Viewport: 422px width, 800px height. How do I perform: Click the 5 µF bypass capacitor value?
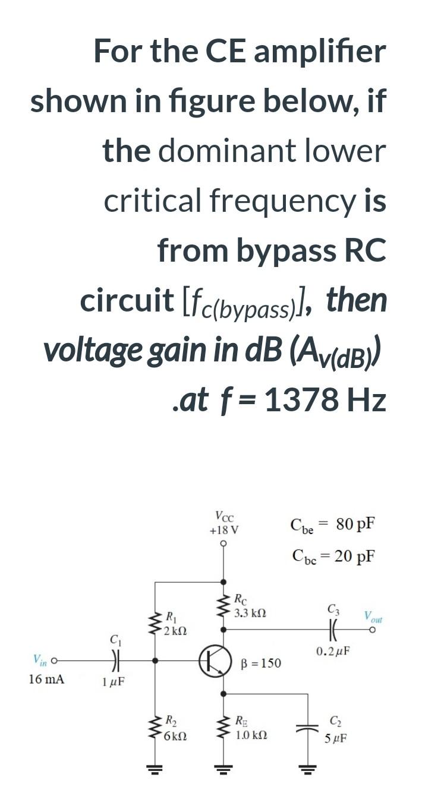tap(336, 740)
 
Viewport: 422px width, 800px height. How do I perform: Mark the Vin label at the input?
tap(40, 658)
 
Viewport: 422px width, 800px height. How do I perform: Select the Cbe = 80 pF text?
tap(332, 525)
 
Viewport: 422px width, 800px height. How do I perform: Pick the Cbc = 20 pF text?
tap(333, 556)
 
